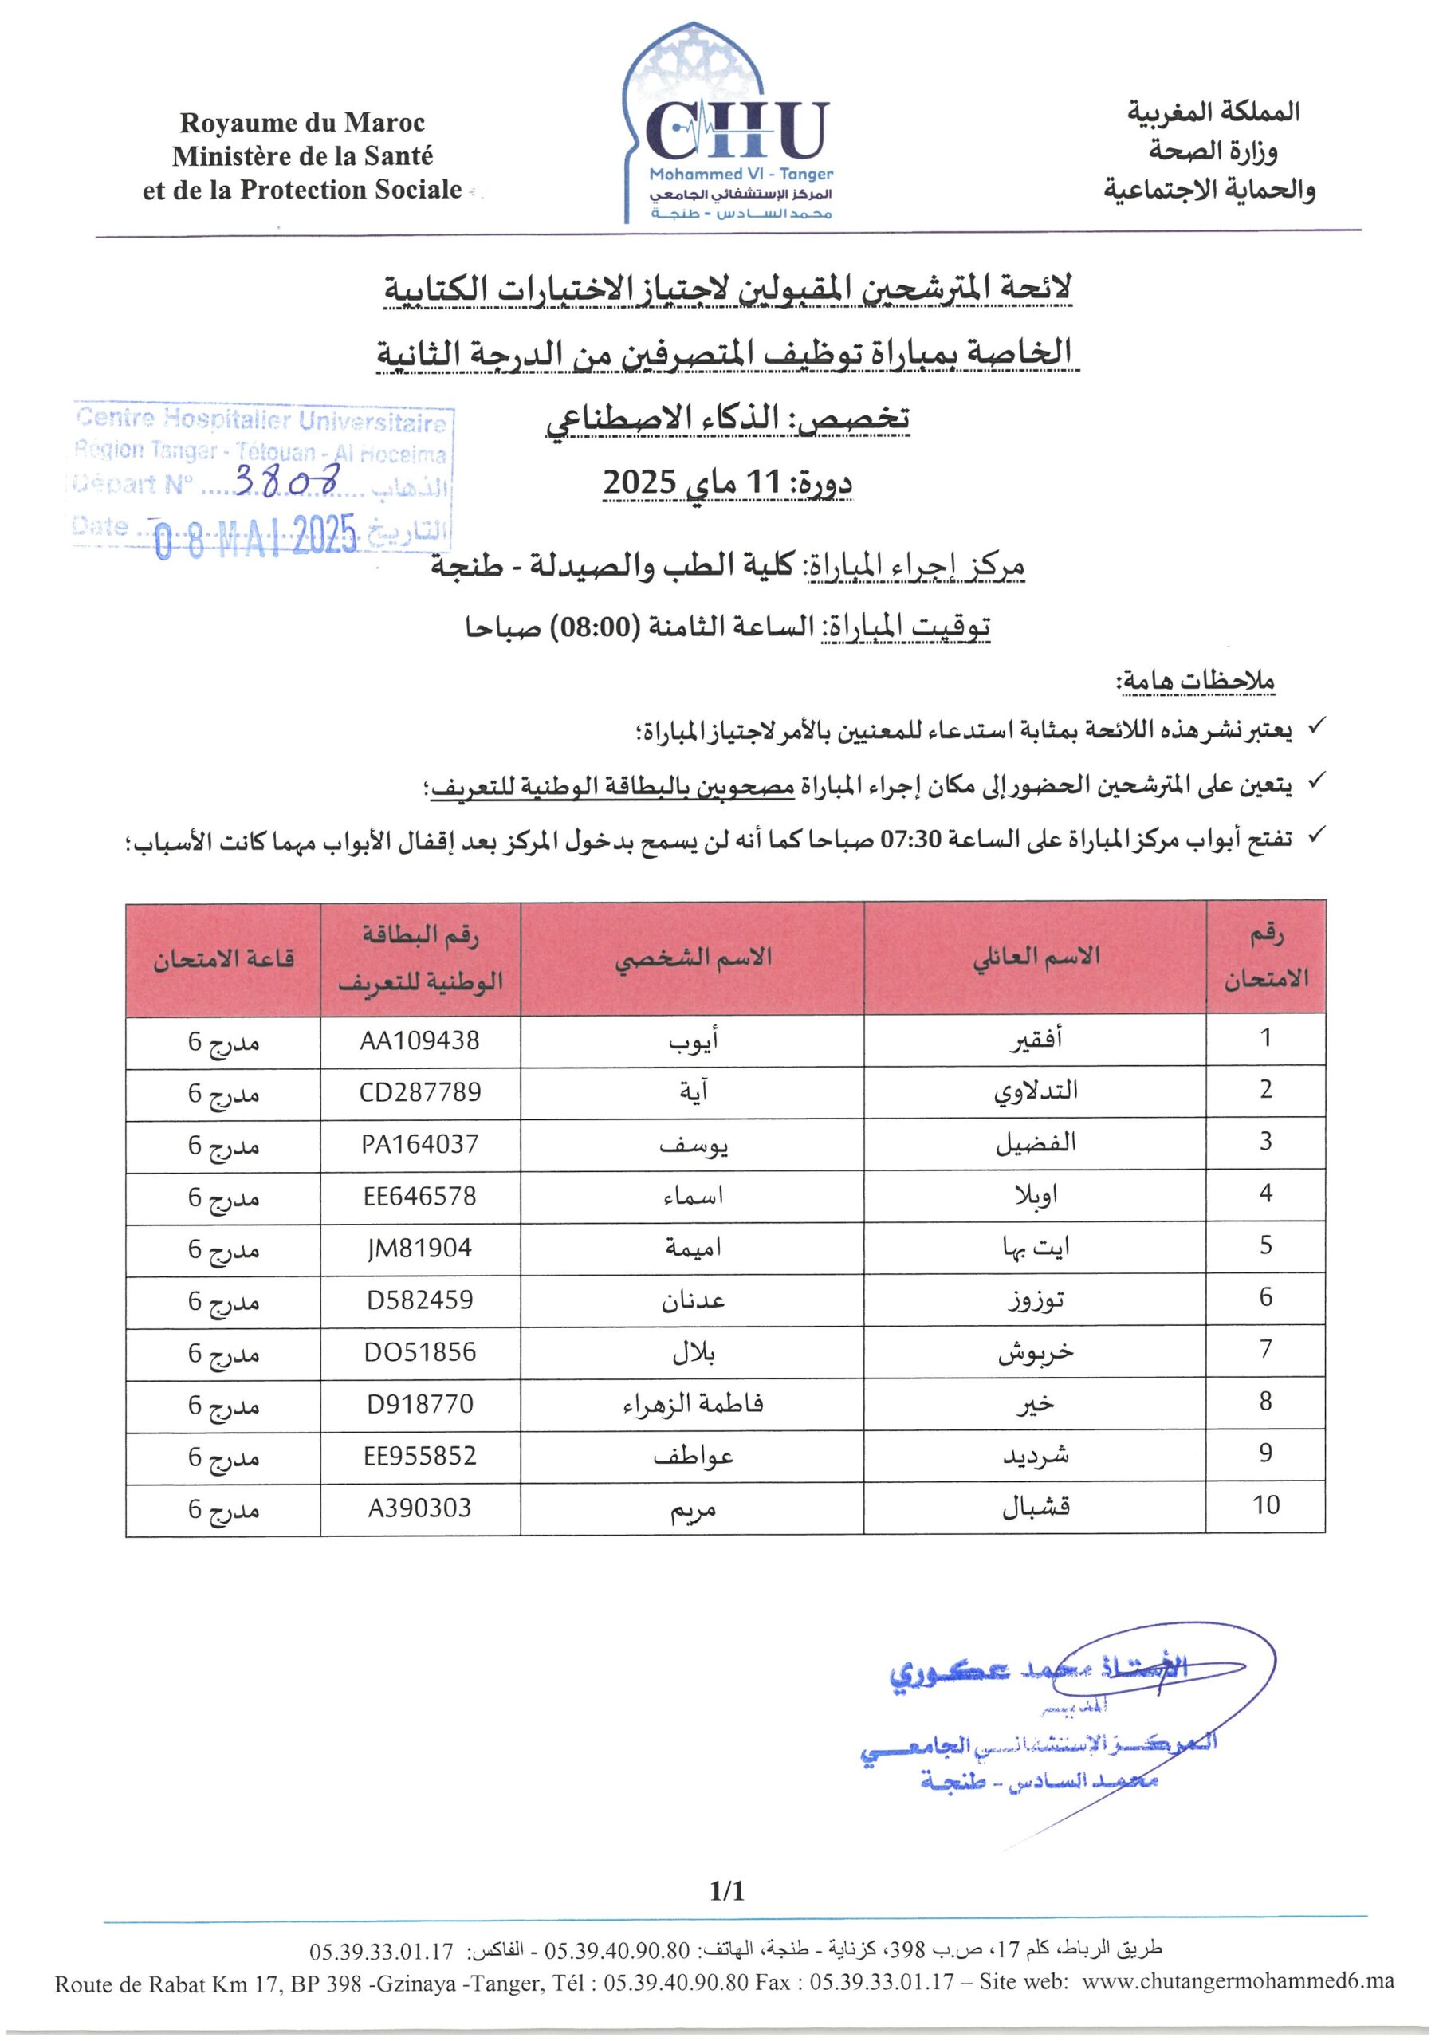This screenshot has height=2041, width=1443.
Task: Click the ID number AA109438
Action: point(419,1040)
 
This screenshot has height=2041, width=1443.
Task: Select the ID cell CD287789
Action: point(419,1091)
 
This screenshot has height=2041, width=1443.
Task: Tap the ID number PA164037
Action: point(419,1143)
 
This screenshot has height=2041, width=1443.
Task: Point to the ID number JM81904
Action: point(419,1248)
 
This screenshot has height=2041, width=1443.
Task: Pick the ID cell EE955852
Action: point(419,1455)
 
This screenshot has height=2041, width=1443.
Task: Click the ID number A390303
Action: point(419,1508)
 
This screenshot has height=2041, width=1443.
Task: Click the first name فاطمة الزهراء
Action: point(693,1404)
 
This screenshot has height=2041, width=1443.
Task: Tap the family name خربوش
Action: point(1035,1352)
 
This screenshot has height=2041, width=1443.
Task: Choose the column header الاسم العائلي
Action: point(1036,957)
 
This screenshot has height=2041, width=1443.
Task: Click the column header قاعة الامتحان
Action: point(223,959)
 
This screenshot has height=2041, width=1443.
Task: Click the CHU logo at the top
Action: point(737,133)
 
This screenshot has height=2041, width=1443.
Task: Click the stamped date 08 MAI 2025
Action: point(255,536)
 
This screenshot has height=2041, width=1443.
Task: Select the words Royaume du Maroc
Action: point(302,122)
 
